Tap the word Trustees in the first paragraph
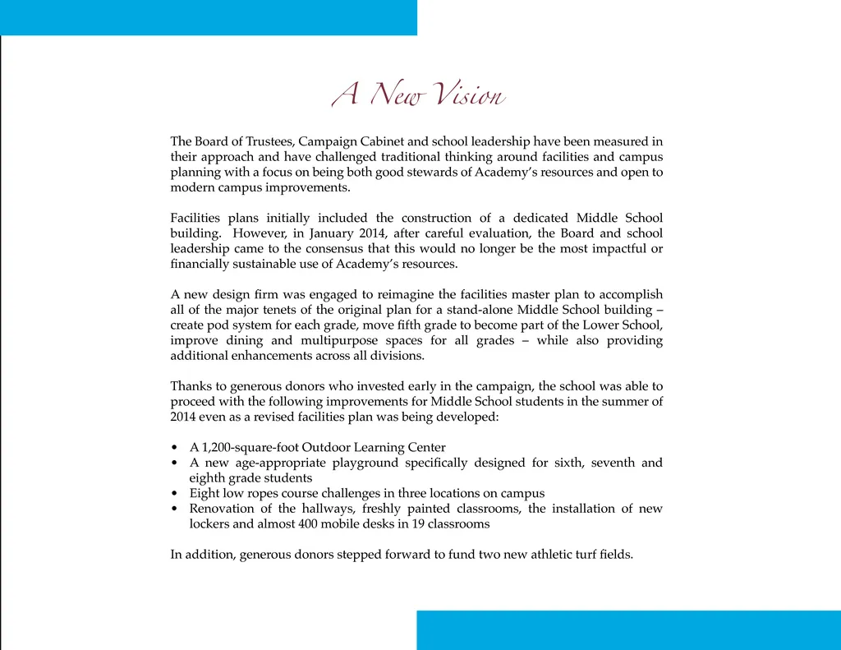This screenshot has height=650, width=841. pyautogui.click(x=269, y=141)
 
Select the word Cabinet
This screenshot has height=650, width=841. pyautogui.click(x=400, y=141)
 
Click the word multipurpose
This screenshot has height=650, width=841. pyautogui.click(x=340, y=340)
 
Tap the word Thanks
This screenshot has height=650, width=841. pyautogui.click(x=190, y=386)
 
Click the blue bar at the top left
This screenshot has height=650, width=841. pyautogui.click(x=209, y=17)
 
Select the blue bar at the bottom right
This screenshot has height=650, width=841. pyautogui.click(x=628, y=630)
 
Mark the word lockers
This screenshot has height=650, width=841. pyautogui.click(x=209, y=523)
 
